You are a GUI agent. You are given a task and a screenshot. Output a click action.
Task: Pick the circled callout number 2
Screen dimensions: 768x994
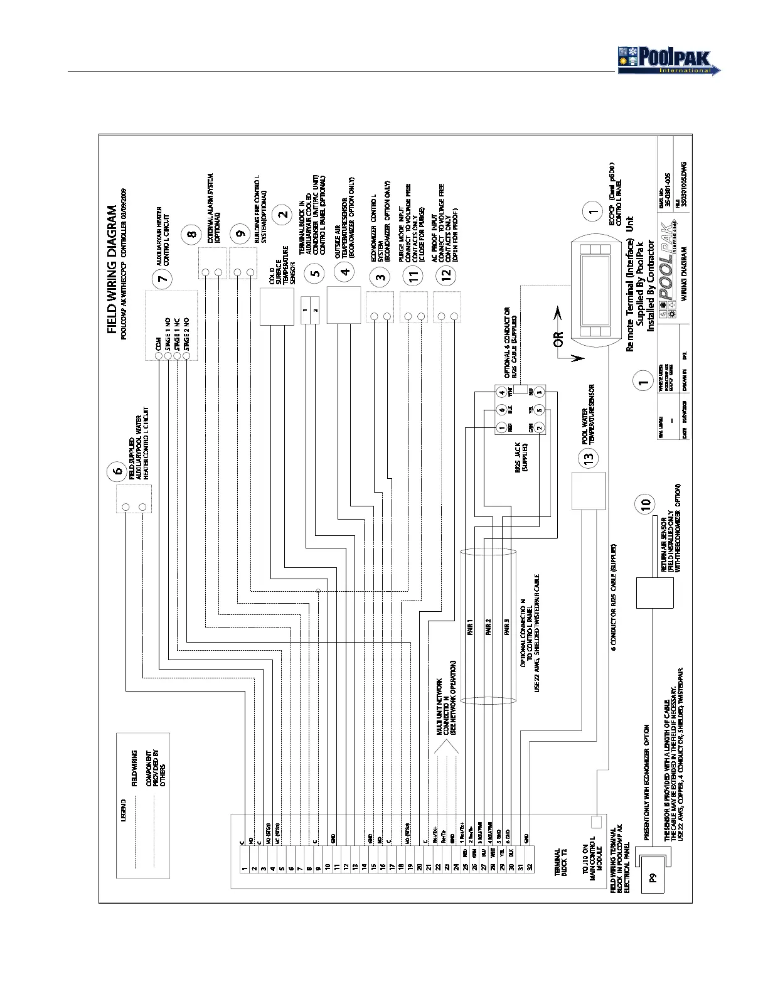point(283,213)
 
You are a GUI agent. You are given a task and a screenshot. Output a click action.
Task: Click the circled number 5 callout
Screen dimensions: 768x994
point(316,272)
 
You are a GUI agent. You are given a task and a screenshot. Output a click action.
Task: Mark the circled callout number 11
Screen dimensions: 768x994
point(413,277)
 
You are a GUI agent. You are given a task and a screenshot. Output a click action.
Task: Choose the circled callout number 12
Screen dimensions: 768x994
point(446,277)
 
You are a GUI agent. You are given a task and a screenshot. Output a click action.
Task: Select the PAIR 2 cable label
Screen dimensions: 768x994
point(488,628)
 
